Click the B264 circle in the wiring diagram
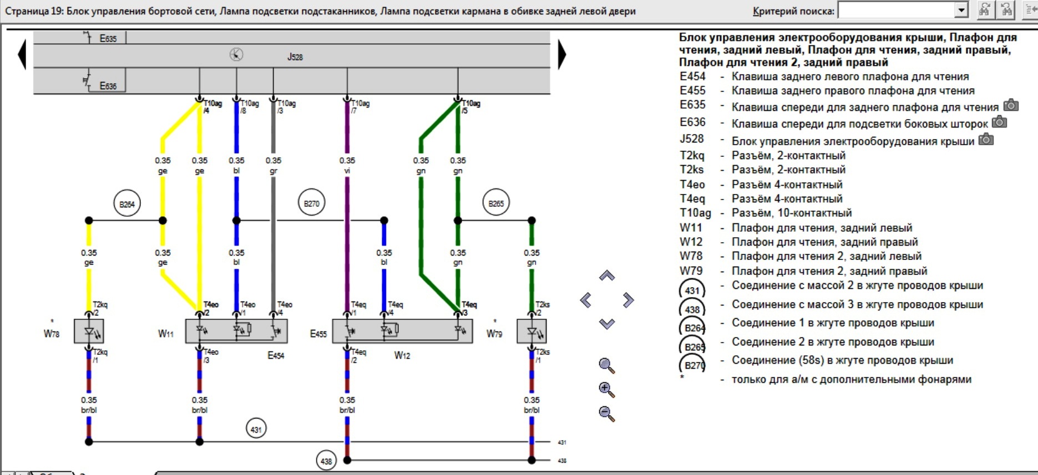pyautogui.click(x=126, y=204)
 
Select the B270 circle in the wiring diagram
pyautogui.click(x=311, y=203)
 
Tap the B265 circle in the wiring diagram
pyautogui.click(x=496, y=203)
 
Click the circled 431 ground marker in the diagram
pyautogui.click(x=256, y=429)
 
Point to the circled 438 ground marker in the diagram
pyautogui.click(x=326, y=461)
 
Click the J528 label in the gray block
pyautogui.click(x=295, y=57)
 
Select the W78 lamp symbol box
pyautogui.click(x=89, y=331)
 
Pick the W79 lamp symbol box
pyautogui.click(x=531, y=331)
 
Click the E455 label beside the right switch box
pyautogui.click(x=318, y=334)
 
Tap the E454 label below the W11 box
pyautogui.click(x=276, y=355)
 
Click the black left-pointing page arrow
pyautogui.click(x=22, y=54)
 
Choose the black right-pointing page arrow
pyautogui.click(x=561, y=54)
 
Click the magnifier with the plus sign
pyautogui.click(x=606, y=390)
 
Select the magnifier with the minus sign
pyautogui.click(x=606, y=413)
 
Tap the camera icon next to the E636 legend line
pyautogui.click(x=999, y=122)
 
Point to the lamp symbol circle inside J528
pyautogui.click(x=236, y=55)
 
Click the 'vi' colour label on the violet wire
pyautogui.click(x=347, y=171)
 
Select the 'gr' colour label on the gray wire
pyautogui.click(x=273, y=171)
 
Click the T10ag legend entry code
pyautogui.click(x=695, y=213)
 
